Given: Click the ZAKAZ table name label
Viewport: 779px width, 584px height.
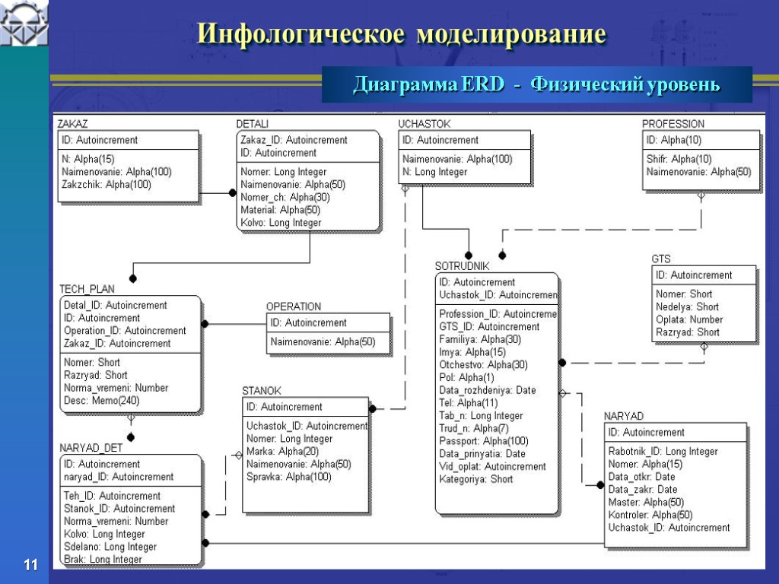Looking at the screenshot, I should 73,123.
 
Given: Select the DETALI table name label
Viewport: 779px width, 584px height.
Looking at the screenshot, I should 252,123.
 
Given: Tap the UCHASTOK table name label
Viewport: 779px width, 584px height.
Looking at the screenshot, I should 424,123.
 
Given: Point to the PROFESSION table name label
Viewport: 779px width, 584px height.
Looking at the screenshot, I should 672,123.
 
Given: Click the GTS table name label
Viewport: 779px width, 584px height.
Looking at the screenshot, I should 661,259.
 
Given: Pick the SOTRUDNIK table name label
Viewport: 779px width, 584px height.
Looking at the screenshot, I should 462,266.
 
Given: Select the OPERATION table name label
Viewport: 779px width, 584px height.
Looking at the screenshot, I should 293,306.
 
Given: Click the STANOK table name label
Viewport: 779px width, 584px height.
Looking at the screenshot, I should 261,390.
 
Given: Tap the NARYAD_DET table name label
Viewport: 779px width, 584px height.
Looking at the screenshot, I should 91,447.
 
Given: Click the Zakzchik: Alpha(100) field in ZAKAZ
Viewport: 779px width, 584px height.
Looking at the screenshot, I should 107,184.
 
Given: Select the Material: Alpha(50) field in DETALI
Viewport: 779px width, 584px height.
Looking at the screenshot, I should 280,210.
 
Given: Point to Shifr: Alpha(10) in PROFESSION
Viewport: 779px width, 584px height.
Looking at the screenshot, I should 679,159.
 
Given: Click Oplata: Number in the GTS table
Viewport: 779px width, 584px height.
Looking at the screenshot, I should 689,319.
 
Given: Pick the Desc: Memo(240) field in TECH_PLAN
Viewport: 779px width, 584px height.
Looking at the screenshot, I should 101,401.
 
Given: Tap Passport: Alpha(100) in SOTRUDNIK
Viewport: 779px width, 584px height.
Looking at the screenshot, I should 483,441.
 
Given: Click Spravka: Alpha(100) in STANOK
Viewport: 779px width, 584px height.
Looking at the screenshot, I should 288,477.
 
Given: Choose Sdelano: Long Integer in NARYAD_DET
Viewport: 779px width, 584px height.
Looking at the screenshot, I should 110,547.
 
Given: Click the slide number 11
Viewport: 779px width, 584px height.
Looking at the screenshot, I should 30,565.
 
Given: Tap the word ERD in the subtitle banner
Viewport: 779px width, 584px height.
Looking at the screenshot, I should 482,84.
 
